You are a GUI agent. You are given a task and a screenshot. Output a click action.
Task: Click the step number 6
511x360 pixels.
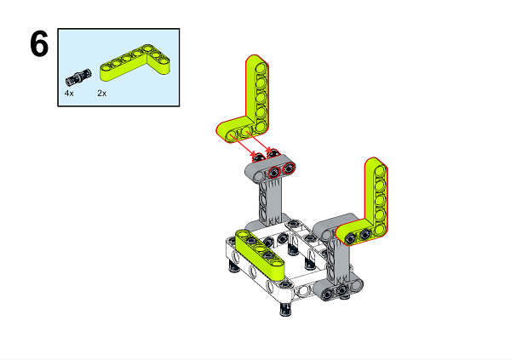[38, 44]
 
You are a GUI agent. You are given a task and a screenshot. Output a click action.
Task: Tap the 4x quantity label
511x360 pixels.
[69, 93]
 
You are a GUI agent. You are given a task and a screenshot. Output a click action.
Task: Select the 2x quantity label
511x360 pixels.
[102, 93]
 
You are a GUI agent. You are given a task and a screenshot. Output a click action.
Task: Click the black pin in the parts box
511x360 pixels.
[74, 73]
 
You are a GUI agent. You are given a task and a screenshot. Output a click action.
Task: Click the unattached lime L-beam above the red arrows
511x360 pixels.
[254, 102]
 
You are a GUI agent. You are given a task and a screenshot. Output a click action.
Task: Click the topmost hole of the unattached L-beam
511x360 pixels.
[256, 66]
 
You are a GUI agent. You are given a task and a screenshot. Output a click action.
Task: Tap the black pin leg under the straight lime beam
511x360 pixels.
[233, 270]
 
